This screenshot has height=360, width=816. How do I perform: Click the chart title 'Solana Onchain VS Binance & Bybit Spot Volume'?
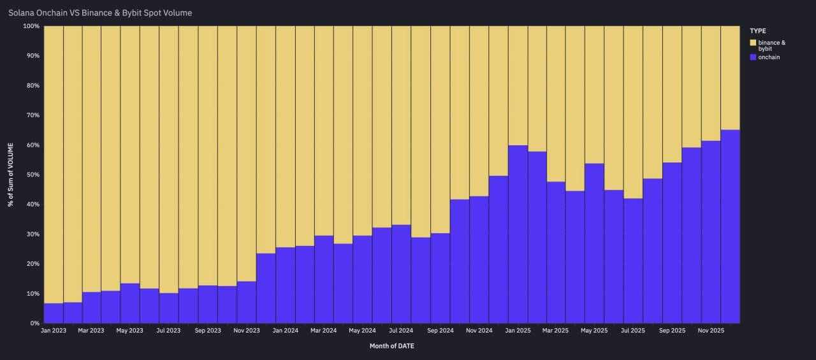point(100,13)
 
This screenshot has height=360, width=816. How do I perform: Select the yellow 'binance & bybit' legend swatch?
point(753,43)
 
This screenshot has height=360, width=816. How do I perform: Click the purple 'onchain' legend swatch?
point(753,57)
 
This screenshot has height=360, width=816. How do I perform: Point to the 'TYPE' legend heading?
point(758,31)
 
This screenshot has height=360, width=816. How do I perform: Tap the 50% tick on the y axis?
point(31,175)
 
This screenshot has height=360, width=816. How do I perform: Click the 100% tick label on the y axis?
point(30,26)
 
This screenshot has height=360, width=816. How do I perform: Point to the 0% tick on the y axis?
point(34,323)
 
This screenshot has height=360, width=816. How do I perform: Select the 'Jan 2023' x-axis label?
point(54,331)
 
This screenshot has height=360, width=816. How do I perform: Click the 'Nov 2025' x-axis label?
point(711,331)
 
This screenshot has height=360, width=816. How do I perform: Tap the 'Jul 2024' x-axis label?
point(401,331)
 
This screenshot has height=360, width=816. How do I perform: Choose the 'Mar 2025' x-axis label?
point(556,331)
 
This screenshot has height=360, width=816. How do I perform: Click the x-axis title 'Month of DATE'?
point(391,346)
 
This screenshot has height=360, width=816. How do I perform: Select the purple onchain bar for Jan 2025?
point(518,236)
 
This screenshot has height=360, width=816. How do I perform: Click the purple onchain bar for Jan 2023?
point(54,313)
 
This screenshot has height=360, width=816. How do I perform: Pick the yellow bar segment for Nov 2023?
point(247,153)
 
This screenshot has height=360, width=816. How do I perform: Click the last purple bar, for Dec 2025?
point(730,226)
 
